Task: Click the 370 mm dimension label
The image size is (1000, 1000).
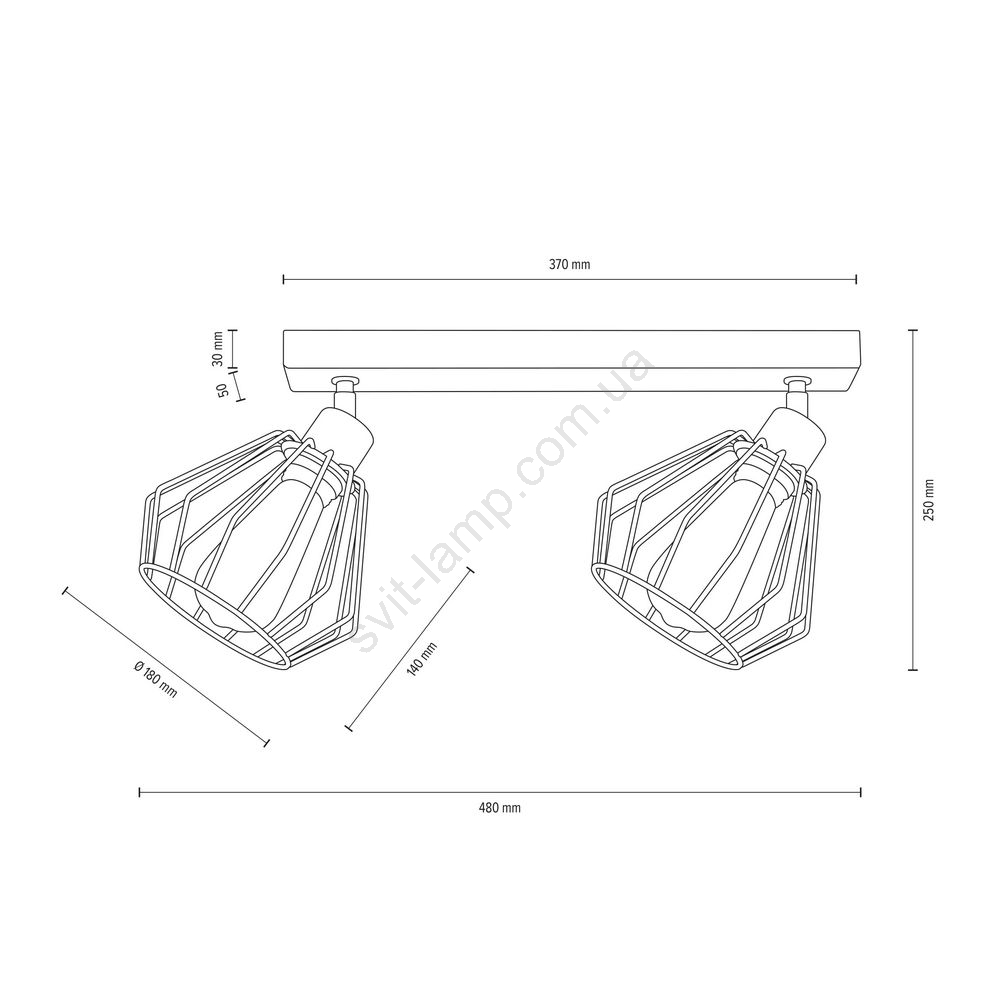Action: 570,265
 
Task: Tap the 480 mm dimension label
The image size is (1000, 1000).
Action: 499,808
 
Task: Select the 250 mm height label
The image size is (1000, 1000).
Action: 929,500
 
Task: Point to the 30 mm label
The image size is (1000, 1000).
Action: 218,349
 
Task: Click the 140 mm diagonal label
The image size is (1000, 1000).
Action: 422,658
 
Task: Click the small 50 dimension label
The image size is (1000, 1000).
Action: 223,391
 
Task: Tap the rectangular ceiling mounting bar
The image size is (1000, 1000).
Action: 570,361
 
